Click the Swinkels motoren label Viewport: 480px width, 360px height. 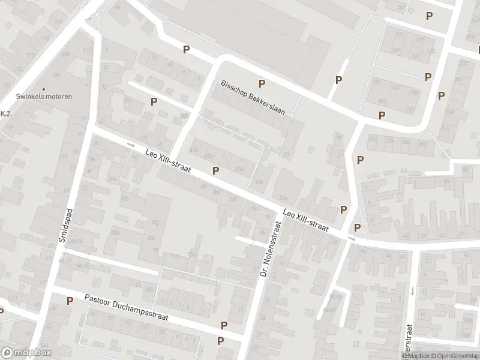click(x=44, y=97)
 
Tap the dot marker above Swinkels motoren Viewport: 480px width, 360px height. click(x=44, y=89)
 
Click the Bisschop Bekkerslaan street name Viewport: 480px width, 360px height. click(x=253, y=97)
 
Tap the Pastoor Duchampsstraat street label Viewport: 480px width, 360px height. click(x=126, y=307)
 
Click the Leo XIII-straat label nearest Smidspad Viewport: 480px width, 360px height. click(x=168, y=161)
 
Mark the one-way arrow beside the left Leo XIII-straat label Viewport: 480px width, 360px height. click(x=132, y=145)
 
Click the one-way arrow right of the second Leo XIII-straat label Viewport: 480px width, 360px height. click(x=351, y=239)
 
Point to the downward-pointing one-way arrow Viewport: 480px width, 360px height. click(x=413, y=291)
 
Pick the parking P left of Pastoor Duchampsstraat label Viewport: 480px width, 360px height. click(x=70, y=301)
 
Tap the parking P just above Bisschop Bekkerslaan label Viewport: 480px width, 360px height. click(x=261, y=83)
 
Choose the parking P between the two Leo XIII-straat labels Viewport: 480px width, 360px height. click(x=215, y=171)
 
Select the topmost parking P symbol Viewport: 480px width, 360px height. click(x=428, y=16)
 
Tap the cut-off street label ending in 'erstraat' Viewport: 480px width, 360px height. click(x=409, y=339)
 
